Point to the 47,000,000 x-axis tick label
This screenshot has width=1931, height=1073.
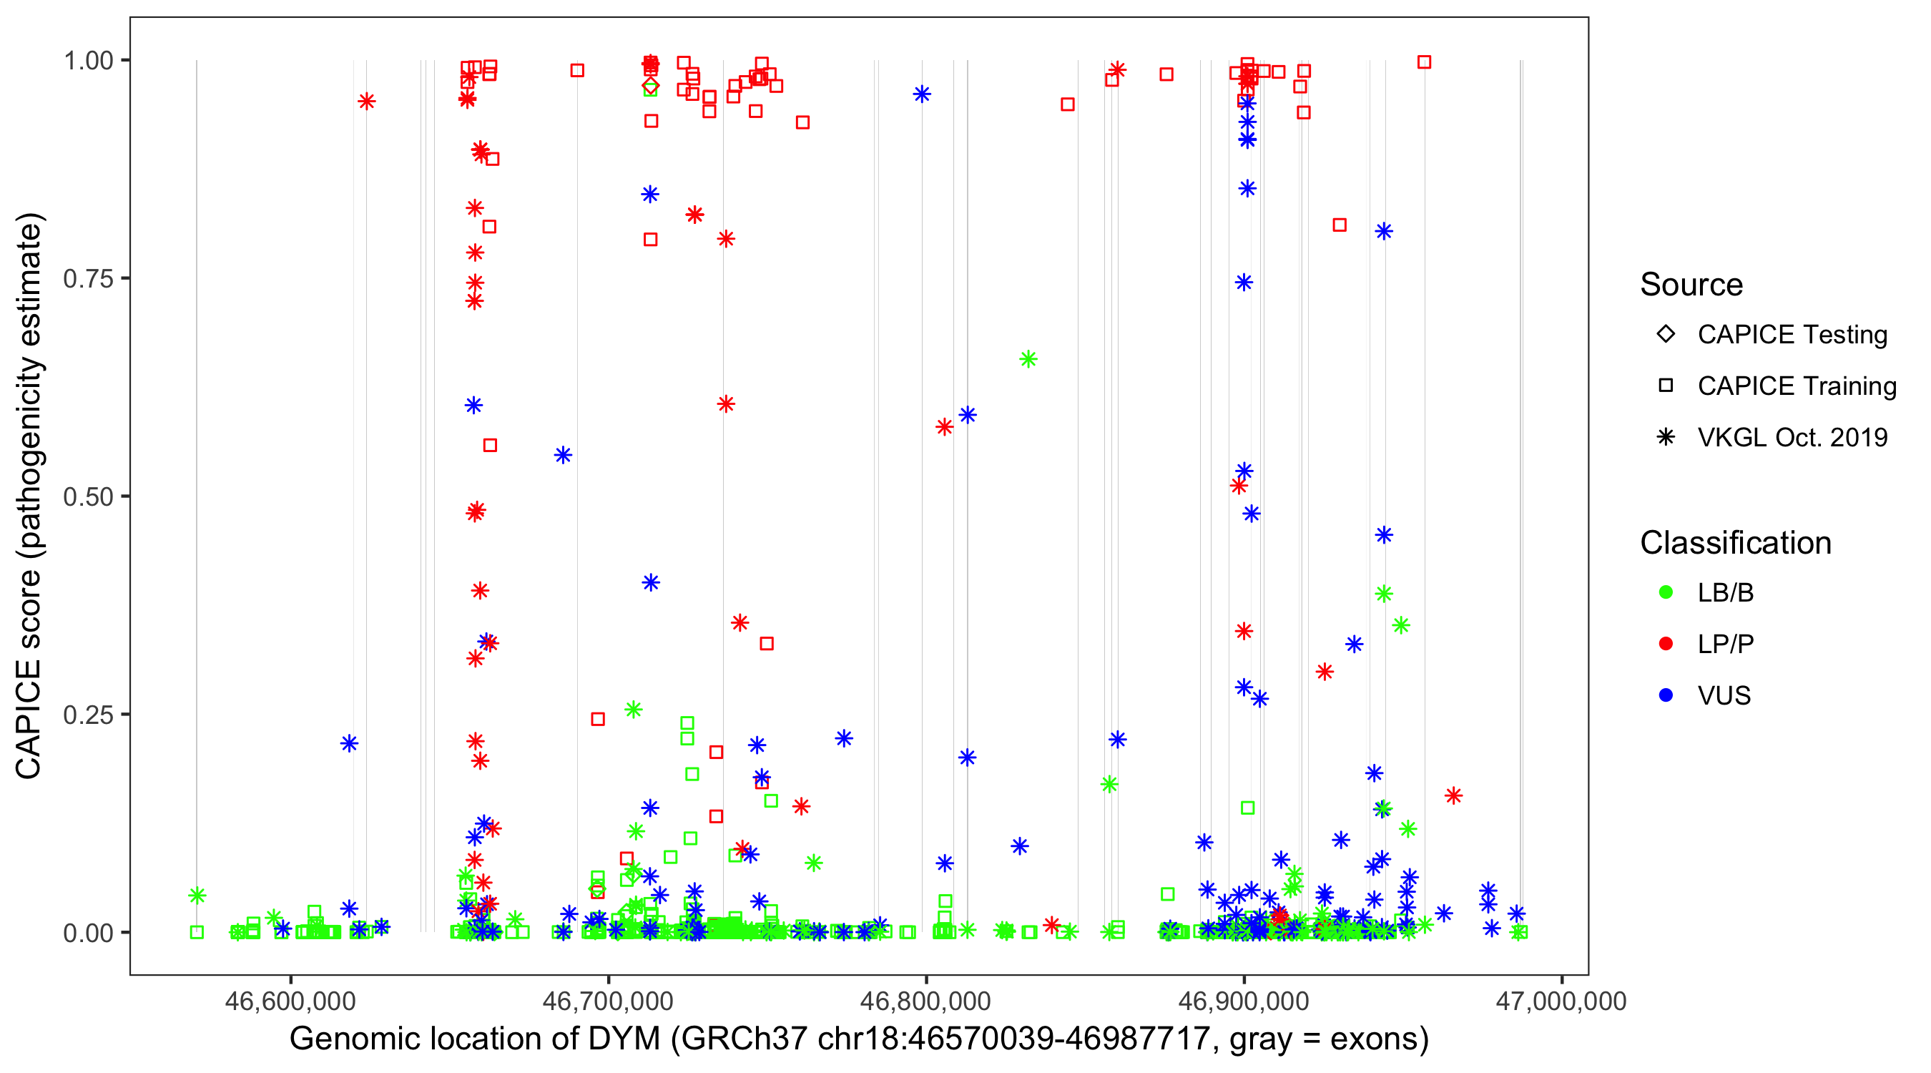tap(1561, 1001)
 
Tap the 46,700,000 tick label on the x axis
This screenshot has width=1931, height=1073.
tap(607, 1001)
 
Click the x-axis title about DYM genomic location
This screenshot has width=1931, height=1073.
tap(858, 1039)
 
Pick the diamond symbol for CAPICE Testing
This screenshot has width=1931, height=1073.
tap(1666, 335)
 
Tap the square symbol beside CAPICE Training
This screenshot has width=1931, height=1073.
tap(1666, 386)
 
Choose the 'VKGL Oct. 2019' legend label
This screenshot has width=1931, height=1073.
tap(1792, 437)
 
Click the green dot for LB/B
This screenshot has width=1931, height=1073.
tap(1666, 592)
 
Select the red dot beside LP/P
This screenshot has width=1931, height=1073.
tap(1666, 644)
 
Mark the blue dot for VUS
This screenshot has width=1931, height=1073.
tap(1666, 695)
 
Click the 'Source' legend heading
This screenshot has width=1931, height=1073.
tap(1691, 285)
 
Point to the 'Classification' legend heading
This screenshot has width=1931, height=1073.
tap(1735, 543)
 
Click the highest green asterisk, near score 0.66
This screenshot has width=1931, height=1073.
tap(1028, 359)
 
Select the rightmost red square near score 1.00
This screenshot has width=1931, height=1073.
tap(1424, 62)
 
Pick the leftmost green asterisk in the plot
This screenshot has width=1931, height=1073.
tap(197, 896)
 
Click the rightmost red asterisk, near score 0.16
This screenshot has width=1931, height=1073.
tap(1453, 795)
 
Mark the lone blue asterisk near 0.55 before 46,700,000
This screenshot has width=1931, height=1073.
tap(564, 455)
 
